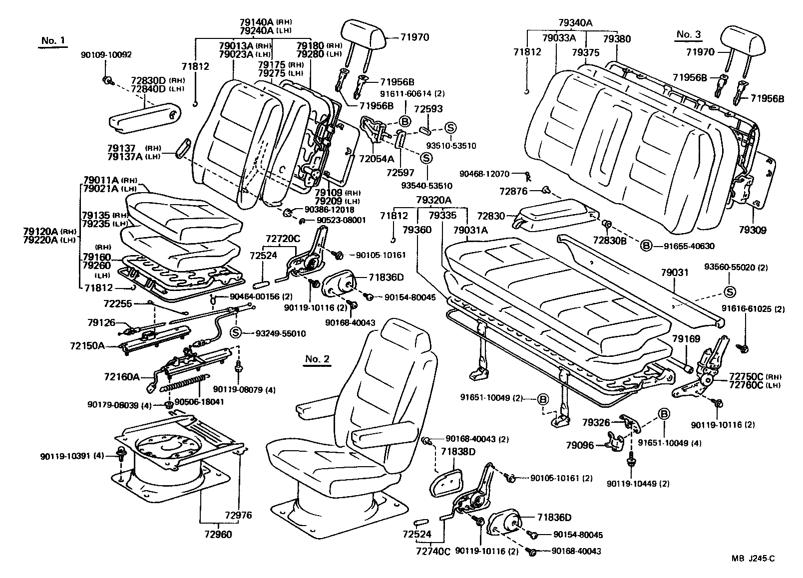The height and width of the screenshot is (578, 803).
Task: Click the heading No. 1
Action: pos(52,41)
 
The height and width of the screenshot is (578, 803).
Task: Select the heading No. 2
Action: pos(317,359)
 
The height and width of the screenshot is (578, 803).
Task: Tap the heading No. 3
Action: pos(689,34)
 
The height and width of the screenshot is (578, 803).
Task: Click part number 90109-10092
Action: pos(106,55)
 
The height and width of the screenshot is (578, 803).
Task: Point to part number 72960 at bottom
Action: pos(218,534)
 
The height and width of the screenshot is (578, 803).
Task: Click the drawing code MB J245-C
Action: pos(754,559)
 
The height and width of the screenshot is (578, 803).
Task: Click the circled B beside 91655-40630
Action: pos(646,246)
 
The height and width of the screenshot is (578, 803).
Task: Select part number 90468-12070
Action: pos(484,174)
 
